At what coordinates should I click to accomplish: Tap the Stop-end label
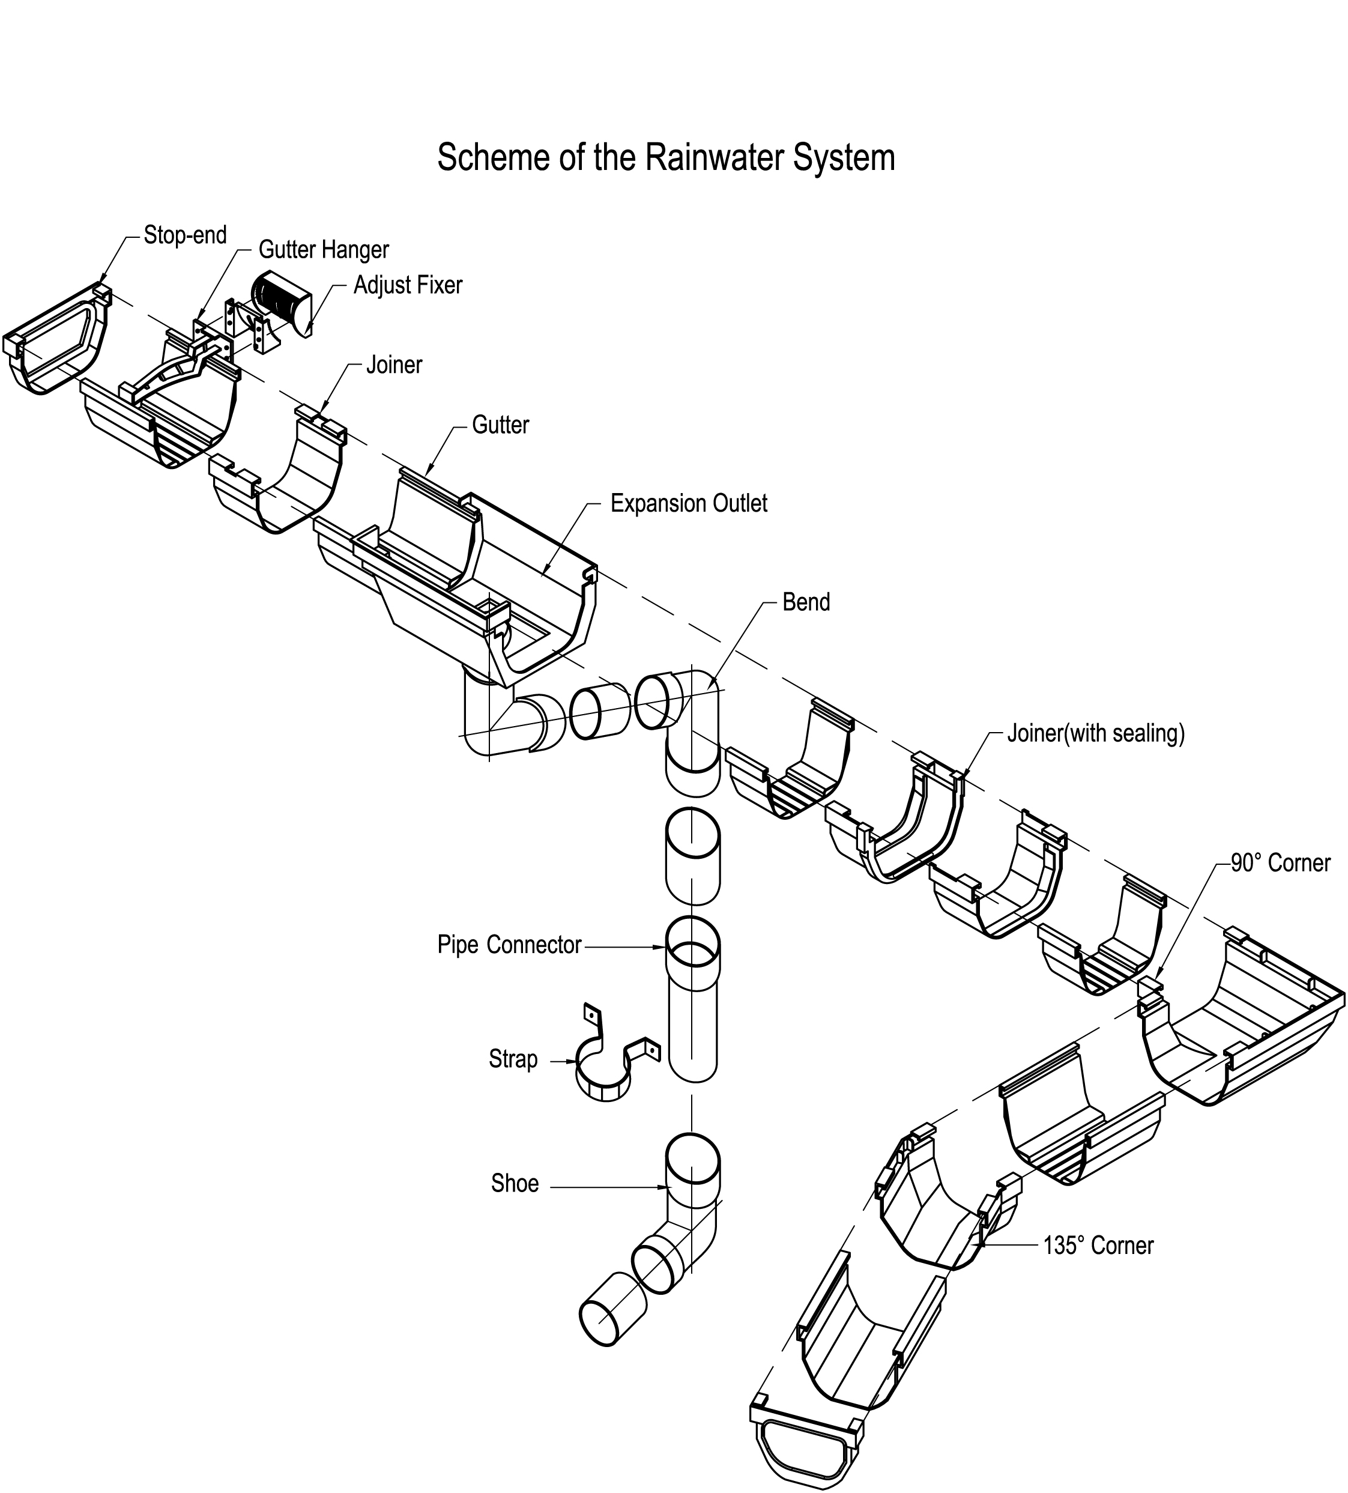click(x=185, y=235)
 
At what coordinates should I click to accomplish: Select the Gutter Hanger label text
click(x=324, y=250)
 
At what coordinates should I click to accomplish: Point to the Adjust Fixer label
click(x=408, y=285)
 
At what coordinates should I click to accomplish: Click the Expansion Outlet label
click(x=689, y=504)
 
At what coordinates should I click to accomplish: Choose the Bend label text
click(x=806, y=602)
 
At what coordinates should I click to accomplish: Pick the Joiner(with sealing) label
click(x=1096, y=733)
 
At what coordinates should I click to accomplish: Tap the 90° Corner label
click(x=1280, y=863)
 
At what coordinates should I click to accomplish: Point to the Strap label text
click(x=513, y=1059)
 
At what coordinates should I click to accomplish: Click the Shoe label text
click(x=515, y=1184)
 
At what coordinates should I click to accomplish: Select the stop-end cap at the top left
click(x=59, y=341)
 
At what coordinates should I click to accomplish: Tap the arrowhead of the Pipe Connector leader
click(x=661, y=946)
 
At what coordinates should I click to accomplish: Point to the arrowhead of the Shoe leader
click(x=665, y=1189)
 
